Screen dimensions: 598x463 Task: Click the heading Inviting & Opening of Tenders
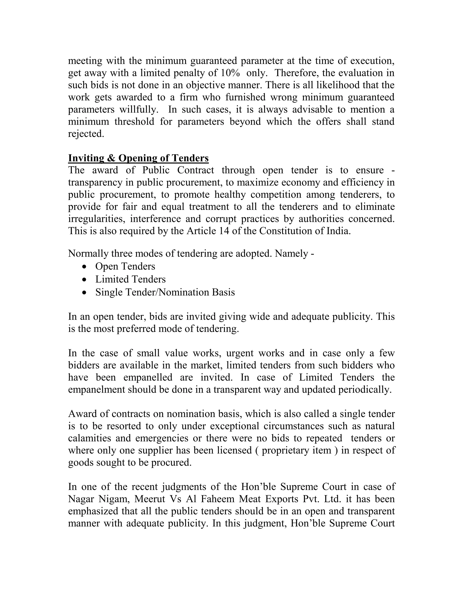coord(138,158)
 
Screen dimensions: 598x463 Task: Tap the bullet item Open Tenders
coord(125,266)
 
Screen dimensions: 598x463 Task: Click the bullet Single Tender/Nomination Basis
coord(165,292)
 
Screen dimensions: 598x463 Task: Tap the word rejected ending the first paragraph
coord(86,134)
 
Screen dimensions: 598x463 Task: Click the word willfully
coord(139,109)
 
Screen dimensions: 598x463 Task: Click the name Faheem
coord(217,499)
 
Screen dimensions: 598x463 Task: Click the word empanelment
coord(97,389)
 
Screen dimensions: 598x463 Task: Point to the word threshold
coord(135,122)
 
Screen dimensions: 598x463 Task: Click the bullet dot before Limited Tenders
coord(85,280)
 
